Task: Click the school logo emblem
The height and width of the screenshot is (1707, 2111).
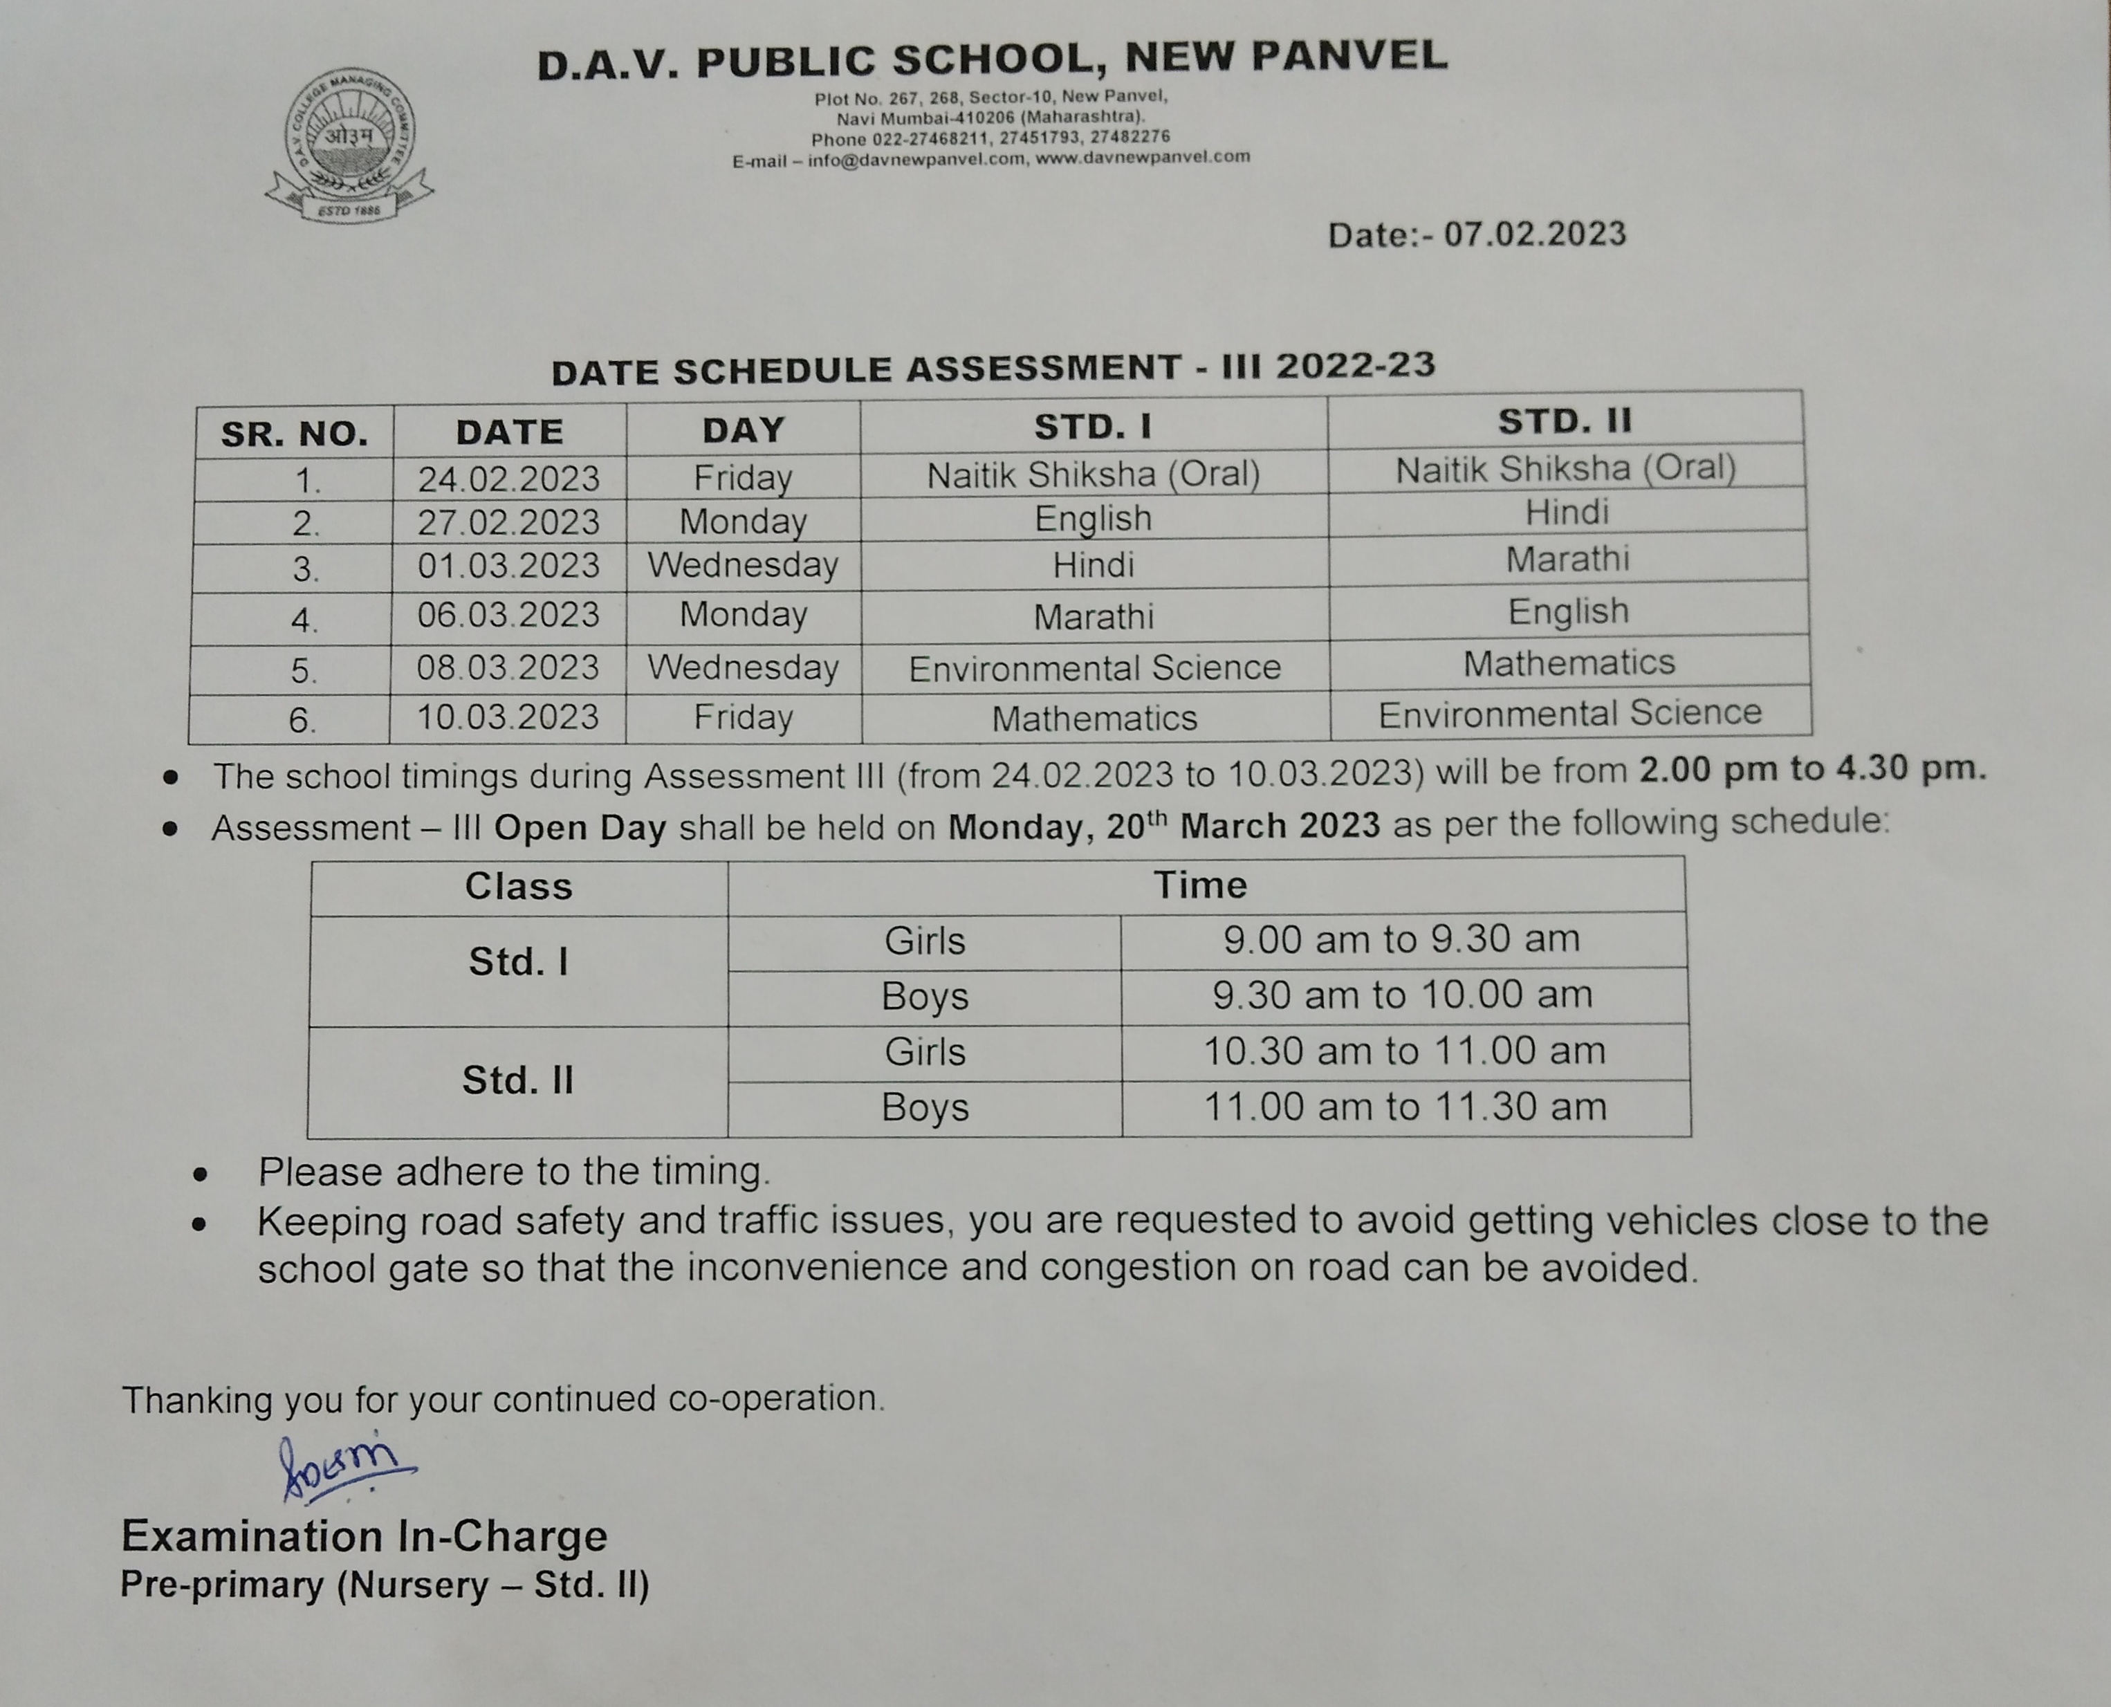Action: point(350,145)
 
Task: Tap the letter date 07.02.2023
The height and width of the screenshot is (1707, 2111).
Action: point(1534,234)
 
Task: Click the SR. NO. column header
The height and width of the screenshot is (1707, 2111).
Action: point(294,433)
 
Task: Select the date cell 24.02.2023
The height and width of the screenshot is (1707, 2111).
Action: point(508,479)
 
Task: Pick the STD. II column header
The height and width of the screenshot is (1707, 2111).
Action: point(1565,421)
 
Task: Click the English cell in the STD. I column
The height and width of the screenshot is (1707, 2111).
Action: point(1092,518)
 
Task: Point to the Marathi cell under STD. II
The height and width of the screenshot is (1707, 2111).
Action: point(1567,559)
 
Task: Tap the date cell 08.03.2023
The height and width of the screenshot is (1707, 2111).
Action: point(508,667)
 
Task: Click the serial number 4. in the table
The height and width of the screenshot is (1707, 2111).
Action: point(304,620)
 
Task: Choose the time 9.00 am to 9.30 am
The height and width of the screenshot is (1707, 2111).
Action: point(1401,939)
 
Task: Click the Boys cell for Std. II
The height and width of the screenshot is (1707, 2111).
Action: point(924,1107)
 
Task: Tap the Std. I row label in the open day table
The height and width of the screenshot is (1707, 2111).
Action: point(518,961)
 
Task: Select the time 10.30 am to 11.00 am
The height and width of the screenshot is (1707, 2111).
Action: point(1404,1051)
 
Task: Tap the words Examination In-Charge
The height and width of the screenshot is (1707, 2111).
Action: point(364,1535)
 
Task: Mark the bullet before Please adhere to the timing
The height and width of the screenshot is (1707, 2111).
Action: point(201,1174)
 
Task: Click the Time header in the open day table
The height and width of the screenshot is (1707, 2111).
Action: point(1199,885)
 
